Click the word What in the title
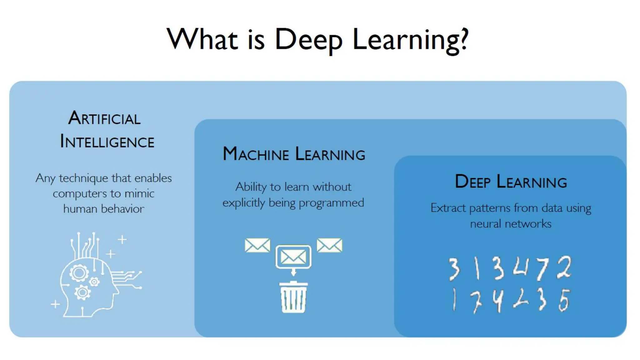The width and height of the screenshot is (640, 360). pos(202,39)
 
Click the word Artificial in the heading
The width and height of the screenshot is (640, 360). pos(104,118)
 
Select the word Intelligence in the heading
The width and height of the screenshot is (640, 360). pos(107,142)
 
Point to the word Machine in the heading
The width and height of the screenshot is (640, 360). pos(256,154)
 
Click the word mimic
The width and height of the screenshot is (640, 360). pos(139,193)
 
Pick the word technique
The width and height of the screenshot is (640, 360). pos(83,178)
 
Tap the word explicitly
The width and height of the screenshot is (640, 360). pos(244,203)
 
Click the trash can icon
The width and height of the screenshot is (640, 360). pos(293,297)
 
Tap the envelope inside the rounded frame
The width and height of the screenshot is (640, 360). pos(293,257)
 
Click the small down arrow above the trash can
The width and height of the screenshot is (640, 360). pos(293,272)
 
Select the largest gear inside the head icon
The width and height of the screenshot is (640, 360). pos(79,273)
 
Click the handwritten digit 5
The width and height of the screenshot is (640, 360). pos(564,300)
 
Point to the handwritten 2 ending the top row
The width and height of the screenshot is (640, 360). pos(564,267)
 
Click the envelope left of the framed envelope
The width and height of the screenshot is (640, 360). pos(257,245)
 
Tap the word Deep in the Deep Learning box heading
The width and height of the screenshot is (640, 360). pos(472,182)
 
